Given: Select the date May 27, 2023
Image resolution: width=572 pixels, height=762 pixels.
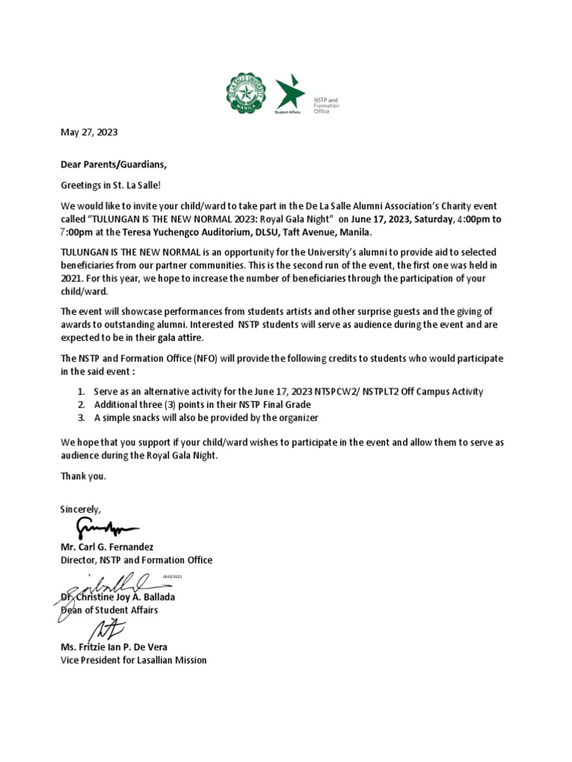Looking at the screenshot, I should click(89, 132).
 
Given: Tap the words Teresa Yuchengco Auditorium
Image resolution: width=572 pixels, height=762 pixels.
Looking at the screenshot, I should click(173, 232).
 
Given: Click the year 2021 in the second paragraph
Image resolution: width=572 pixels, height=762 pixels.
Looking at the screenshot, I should click(71, 278).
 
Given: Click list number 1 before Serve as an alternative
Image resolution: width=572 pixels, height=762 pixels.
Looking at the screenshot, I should click(81, 391).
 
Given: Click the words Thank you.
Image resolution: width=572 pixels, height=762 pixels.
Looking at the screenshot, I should click(83, 476).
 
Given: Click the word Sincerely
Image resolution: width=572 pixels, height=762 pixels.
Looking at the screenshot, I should click(80, 509).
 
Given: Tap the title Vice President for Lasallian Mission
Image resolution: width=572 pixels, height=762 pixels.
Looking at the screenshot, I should click(133, 660).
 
